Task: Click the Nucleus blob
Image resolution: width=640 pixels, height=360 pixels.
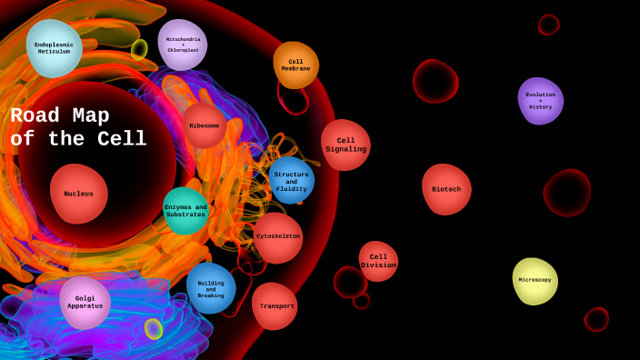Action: click(79, 194)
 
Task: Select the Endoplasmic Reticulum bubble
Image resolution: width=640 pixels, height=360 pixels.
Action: click(54, 47)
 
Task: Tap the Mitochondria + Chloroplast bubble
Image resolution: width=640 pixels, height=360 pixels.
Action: click(183, 45)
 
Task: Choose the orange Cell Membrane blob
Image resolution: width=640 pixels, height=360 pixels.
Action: click(295, 65)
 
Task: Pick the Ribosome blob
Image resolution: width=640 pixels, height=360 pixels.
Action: click(205, 125)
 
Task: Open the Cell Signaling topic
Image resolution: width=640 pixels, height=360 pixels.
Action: click(345, 145)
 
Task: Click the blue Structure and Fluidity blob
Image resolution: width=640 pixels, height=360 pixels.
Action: click(291, 180)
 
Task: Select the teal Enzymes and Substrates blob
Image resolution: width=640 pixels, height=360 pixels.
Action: click(185, 211)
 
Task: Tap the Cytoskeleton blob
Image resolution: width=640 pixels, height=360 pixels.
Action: click(278, 236)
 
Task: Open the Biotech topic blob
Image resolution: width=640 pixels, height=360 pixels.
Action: click(446, 189)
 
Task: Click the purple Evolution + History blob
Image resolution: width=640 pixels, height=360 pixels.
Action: click(540, 100)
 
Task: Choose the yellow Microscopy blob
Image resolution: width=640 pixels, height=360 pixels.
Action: click(535, 280)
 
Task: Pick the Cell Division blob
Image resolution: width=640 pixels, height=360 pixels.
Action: click(378, 261)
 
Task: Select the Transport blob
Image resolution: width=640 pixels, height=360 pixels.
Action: click(275, 306)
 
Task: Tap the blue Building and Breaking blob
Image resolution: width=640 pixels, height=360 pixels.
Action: click(211, 288)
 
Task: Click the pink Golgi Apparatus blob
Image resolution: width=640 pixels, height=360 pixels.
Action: click(85, 302)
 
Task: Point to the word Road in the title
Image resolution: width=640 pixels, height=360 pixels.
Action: click(35, 116)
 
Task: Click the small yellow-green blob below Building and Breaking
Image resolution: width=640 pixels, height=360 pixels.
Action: click(154, 328)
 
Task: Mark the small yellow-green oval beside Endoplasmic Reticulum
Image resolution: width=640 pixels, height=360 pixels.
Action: click(139, 49)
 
